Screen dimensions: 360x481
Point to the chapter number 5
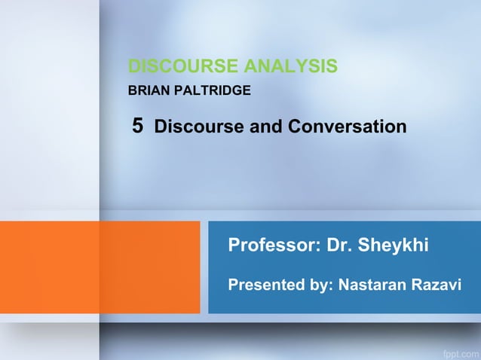coord(137,126)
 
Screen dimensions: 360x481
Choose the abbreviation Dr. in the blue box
coord(339,245)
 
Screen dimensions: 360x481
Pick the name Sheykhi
coord(394,245)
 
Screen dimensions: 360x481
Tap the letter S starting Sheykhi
coord(365,245)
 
